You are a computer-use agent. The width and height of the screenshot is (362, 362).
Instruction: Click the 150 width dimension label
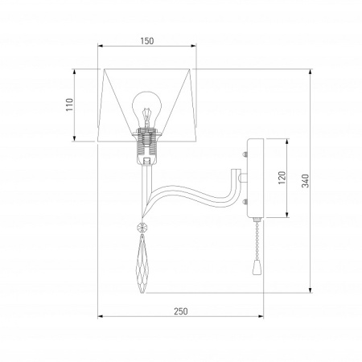[x=147, y=41]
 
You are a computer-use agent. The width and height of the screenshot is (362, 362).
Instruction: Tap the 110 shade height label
[x=69, y=105]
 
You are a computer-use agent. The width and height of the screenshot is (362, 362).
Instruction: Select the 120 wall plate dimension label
[x=282, y=178]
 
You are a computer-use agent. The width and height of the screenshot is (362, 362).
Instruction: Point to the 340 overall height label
[x=306, y=181]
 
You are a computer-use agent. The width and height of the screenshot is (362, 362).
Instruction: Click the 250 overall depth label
[x=181, y=311]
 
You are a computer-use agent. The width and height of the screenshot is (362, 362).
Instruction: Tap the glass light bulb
[x=147, y=109]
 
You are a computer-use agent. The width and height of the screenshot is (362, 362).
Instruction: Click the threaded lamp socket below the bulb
[x=146, y=146]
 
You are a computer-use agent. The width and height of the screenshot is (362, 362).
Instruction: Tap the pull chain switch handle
[x=256, y=268]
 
